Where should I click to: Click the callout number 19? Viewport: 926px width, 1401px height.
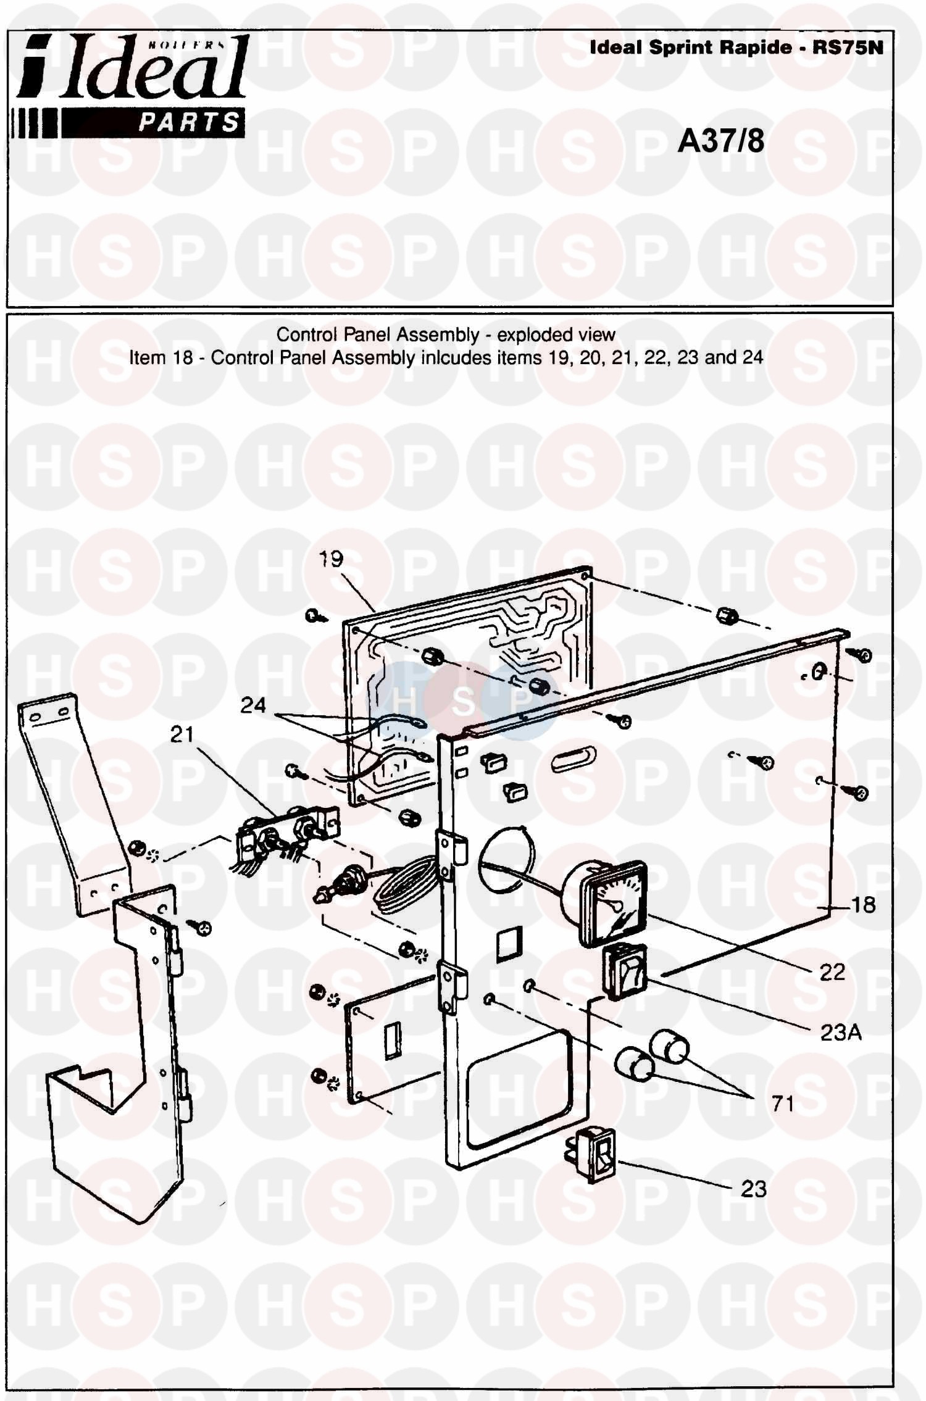click(331, 559)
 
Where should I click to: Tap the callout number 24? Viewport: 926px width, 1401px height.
click(253, 705)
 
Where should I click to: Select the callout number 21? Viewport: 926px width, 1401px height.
click(182, 734)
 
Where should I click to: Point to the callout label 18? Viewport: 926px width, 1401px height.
click(863, 905)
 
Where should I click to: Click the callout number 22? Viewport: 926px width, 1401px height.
click(832, 972)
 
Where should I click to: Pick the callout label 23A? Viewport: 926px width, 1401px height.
click(841, 1033)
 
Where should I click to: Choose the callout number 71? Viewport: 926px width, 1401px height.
click(783, 1103)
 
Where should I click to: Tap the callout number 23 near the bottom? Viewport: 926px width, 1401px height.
click(753, 1188)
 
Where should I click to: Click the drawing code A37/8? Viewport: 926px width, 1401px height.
click(721, 141)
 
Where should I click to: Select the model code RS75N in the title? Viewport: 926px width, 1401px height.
click(848, 48)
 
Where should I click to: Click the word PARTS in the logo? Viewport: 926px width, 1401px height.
click(189, 122)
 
